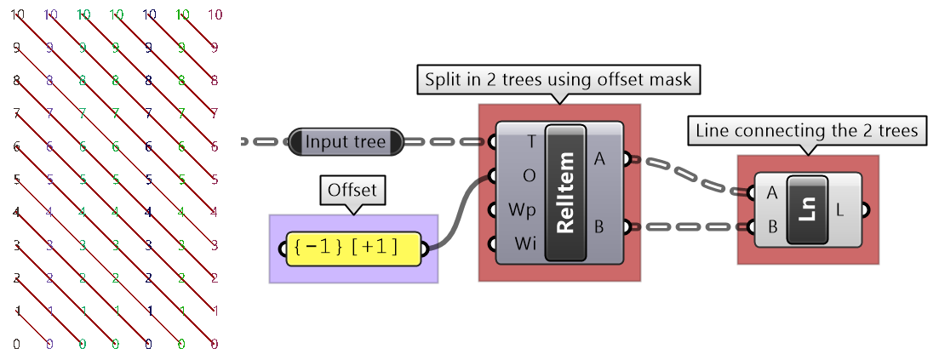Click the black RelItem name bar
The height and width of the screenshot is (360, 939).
click(x=566, y=193)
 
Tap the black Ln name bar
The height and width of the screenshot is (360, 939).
click(x=808, y=210)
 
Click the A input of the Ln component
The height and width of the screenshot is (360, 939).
click(x=772, y=193)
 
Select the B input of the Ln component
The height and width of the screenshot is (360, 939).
click(x=772, y=227)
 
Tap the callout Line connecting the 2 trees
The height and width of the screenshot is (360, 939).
click(x=807, y=131)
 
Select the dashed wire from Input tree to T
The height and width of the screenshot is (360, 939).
click(x=449, y=142)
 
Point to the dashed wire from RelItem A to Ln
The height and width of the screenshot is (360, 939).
click(x=690, y=174)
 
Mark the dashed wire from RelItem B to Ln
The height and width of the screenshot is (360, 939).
click(x=690, y=227)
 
